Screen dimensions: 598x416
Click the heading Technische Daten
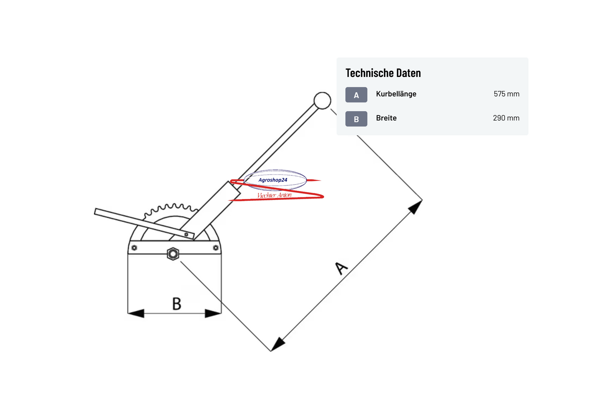coord(383,73)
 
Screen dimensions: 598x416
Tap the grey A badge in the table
coord(356,95)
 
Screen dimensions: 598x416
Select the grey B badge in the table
coord(356,119)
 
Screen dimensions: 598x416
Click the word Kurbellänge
coord(396,94)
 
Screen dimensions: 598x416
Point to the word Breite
coord(386,118)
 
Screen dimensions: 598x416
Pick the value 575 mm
coord(507,94)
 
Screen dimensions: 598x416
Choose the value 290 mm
coord(506,118)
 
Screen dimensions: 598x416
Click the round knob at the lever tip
coord(322,101)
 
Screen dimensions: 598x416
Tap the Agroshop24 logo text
coord(273,180)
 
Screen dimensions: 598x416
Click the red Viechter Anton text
coord(274,195)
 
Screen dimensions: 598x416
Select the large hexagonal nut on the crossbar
coord(173,254)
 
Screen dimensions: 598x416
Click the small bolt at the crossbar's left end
coord(134,248)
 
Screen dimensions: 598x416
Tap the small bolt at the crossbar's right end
coord(216,248)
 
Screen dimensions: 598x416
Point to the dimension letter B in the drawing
coord(177,303)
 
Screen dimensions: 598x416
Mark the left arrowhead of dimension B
coord(136,313)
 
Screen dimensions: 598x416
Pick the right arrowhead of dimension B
coord(213,313)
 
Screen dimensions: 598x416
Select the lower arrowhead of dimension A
coord(278,344)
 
